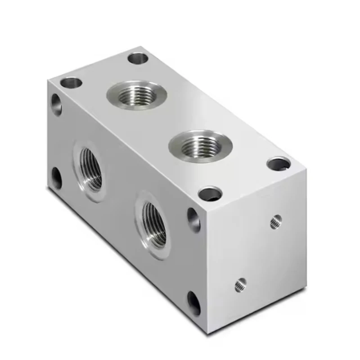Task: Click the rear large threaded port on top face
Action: pos(137,95)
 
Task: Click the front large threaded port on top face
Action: pos(201,145)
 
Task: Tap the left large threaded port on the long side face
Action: pos(90,169)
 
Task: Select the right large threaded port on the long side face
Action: pos(153,223)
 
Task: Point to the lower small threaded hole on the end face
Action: pos(240,284)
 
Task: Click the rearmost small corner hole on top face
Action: pos(138,58)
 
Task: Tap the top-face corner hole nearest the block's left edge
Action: pos(71,82)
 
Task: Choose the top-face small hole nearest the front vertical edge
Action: pos(210,194)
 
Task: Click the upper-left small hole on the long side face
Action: pos(57,104)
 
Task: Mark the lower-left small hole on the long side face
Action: pos(57,178)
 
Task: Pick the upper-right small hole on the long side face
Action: pos(193,219)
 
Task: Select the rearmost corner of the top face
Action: pos(143,46)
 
